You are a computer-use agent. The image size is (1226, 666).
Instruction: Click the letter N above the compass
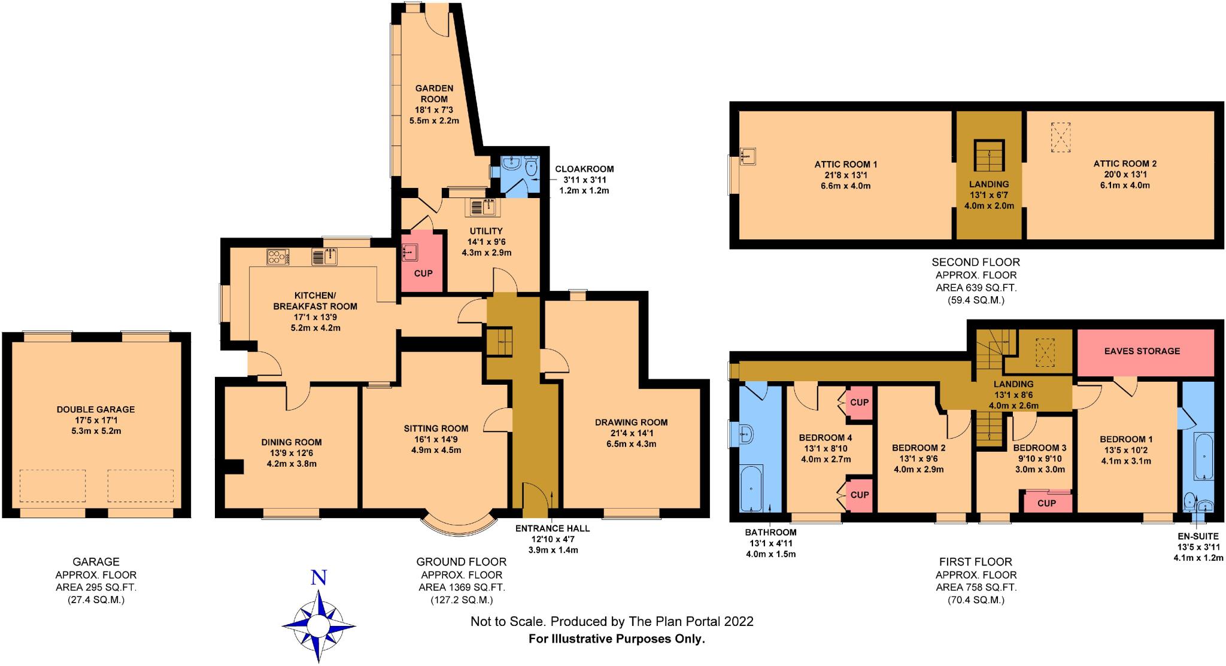(x=319, y=577)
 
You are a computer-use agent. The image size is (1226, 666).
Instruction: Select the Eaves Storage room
(x=1142, y=351)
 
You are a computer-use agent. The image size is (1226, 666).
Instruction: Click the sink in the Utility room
(x=483, y=207)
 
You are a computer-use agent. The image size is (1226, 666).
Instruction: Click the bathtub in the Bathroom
(x=752, y=489)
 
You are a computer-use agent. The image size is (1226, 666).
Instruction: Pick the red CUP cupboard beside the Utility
(x=423, y=262)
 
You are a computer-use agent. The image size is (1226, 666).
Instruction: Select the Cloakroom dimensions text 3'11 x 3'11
(x=584, y=180)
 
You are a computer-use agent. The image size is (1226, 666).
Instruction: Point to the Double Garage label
(x=96, y=409)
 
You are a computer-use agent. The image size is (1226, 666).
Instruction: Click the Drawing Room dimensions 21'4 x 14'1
(x=631, y=433)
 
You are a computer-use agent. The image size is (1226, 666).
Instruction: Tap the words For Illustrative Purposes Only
(x=617, y=639)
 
